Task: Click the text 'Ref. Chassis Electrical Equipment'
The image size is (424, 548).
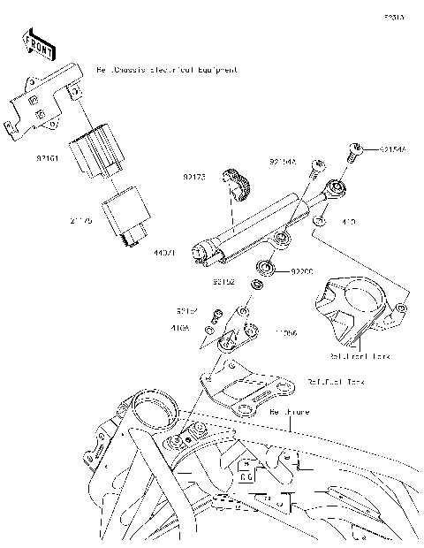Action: click(167, 68)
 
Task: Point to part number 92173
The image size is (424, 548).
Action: click(194, 177)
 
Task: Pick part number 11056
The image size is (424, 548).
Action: click(284, 333)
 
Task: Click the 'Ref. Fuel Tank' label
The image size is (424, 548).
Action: click(337, 383)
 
